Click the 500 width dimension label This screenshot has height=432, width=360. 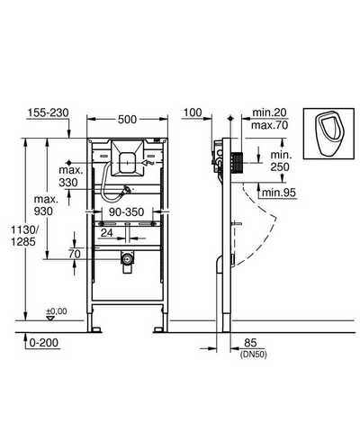[127, 120]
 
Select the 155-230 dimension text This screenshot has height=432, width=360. [49, 112]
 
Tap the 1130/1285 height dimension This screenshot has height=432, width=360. [23, 236]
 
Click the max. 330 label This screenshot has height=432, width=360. [71, 176]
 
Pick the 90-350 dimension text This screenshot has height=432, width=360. [127, 212]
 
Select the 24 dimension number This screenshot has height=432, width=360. [106, 232]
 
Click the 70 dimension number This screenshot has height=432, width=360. [75, 254]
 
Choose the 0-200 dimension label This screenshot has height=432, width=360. [44, 343]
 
